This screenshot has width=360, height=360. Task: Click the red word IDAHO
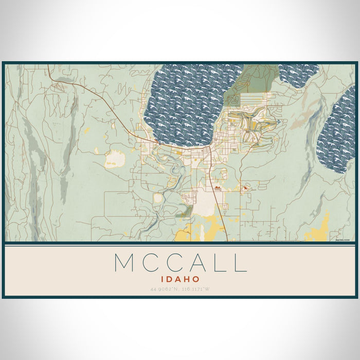(x=180, y=278)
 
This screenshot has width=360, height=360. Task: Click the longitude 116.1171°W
(x=195, y=289)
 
